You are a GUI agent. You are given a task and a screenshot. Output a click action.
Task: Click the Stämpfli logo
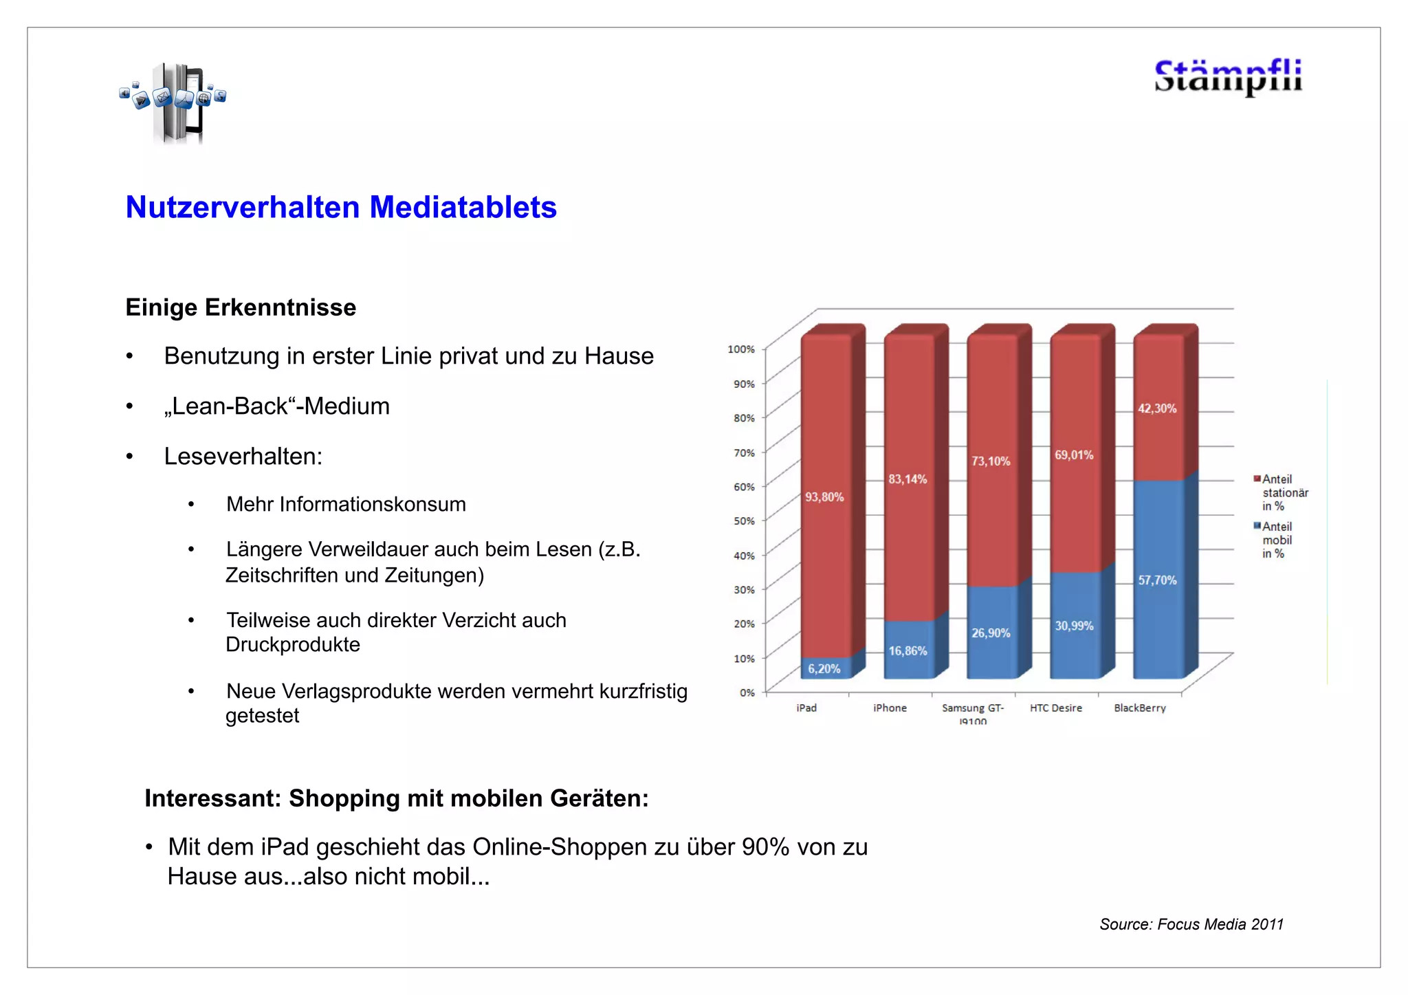1228,76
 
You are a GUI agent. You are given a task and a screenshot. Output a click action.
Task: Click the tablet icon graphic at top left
175,102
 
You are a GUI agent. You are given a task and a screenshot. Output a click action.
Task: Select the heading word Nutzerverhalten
243,208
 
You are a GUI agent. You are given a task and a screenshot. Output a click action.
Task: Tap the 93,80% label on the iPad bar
824,497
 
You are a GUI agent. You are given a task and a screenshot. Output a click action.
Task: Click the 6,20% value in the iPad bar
824,669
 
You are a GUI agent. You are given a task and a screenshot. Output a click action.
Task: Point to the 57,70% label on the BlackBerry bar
1157,580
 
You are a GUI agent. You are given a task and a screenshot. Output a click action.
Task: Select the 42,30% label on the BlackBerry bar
1157,408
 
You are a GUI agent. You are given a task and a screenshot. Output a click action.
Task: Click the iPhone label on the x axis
890,708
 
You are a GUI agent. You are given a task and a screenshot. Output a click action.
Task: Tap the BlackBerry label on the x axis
1140,708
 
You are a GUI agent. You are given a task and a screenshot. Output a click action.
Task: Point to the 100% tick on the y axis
741,349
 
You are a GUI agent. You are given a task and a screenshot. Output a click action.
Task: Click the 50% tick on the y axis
744,521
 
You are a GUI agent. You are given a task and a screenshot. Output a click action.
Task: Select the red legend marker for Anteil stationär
1257,479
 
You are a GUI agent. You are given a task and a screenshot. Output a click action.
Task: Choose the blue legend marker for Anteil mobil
1257,526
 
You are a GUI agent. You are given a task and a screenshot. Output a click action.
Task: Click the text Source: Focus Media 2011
1191,924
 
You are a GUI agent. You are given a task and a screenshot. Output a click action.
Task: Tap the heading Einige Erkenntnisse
241,307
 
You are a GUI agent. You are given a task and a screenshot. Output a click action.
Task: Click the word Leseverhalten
243,457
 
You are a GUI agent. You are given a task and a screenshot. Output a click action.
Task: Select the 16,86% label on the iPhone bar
907,651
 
